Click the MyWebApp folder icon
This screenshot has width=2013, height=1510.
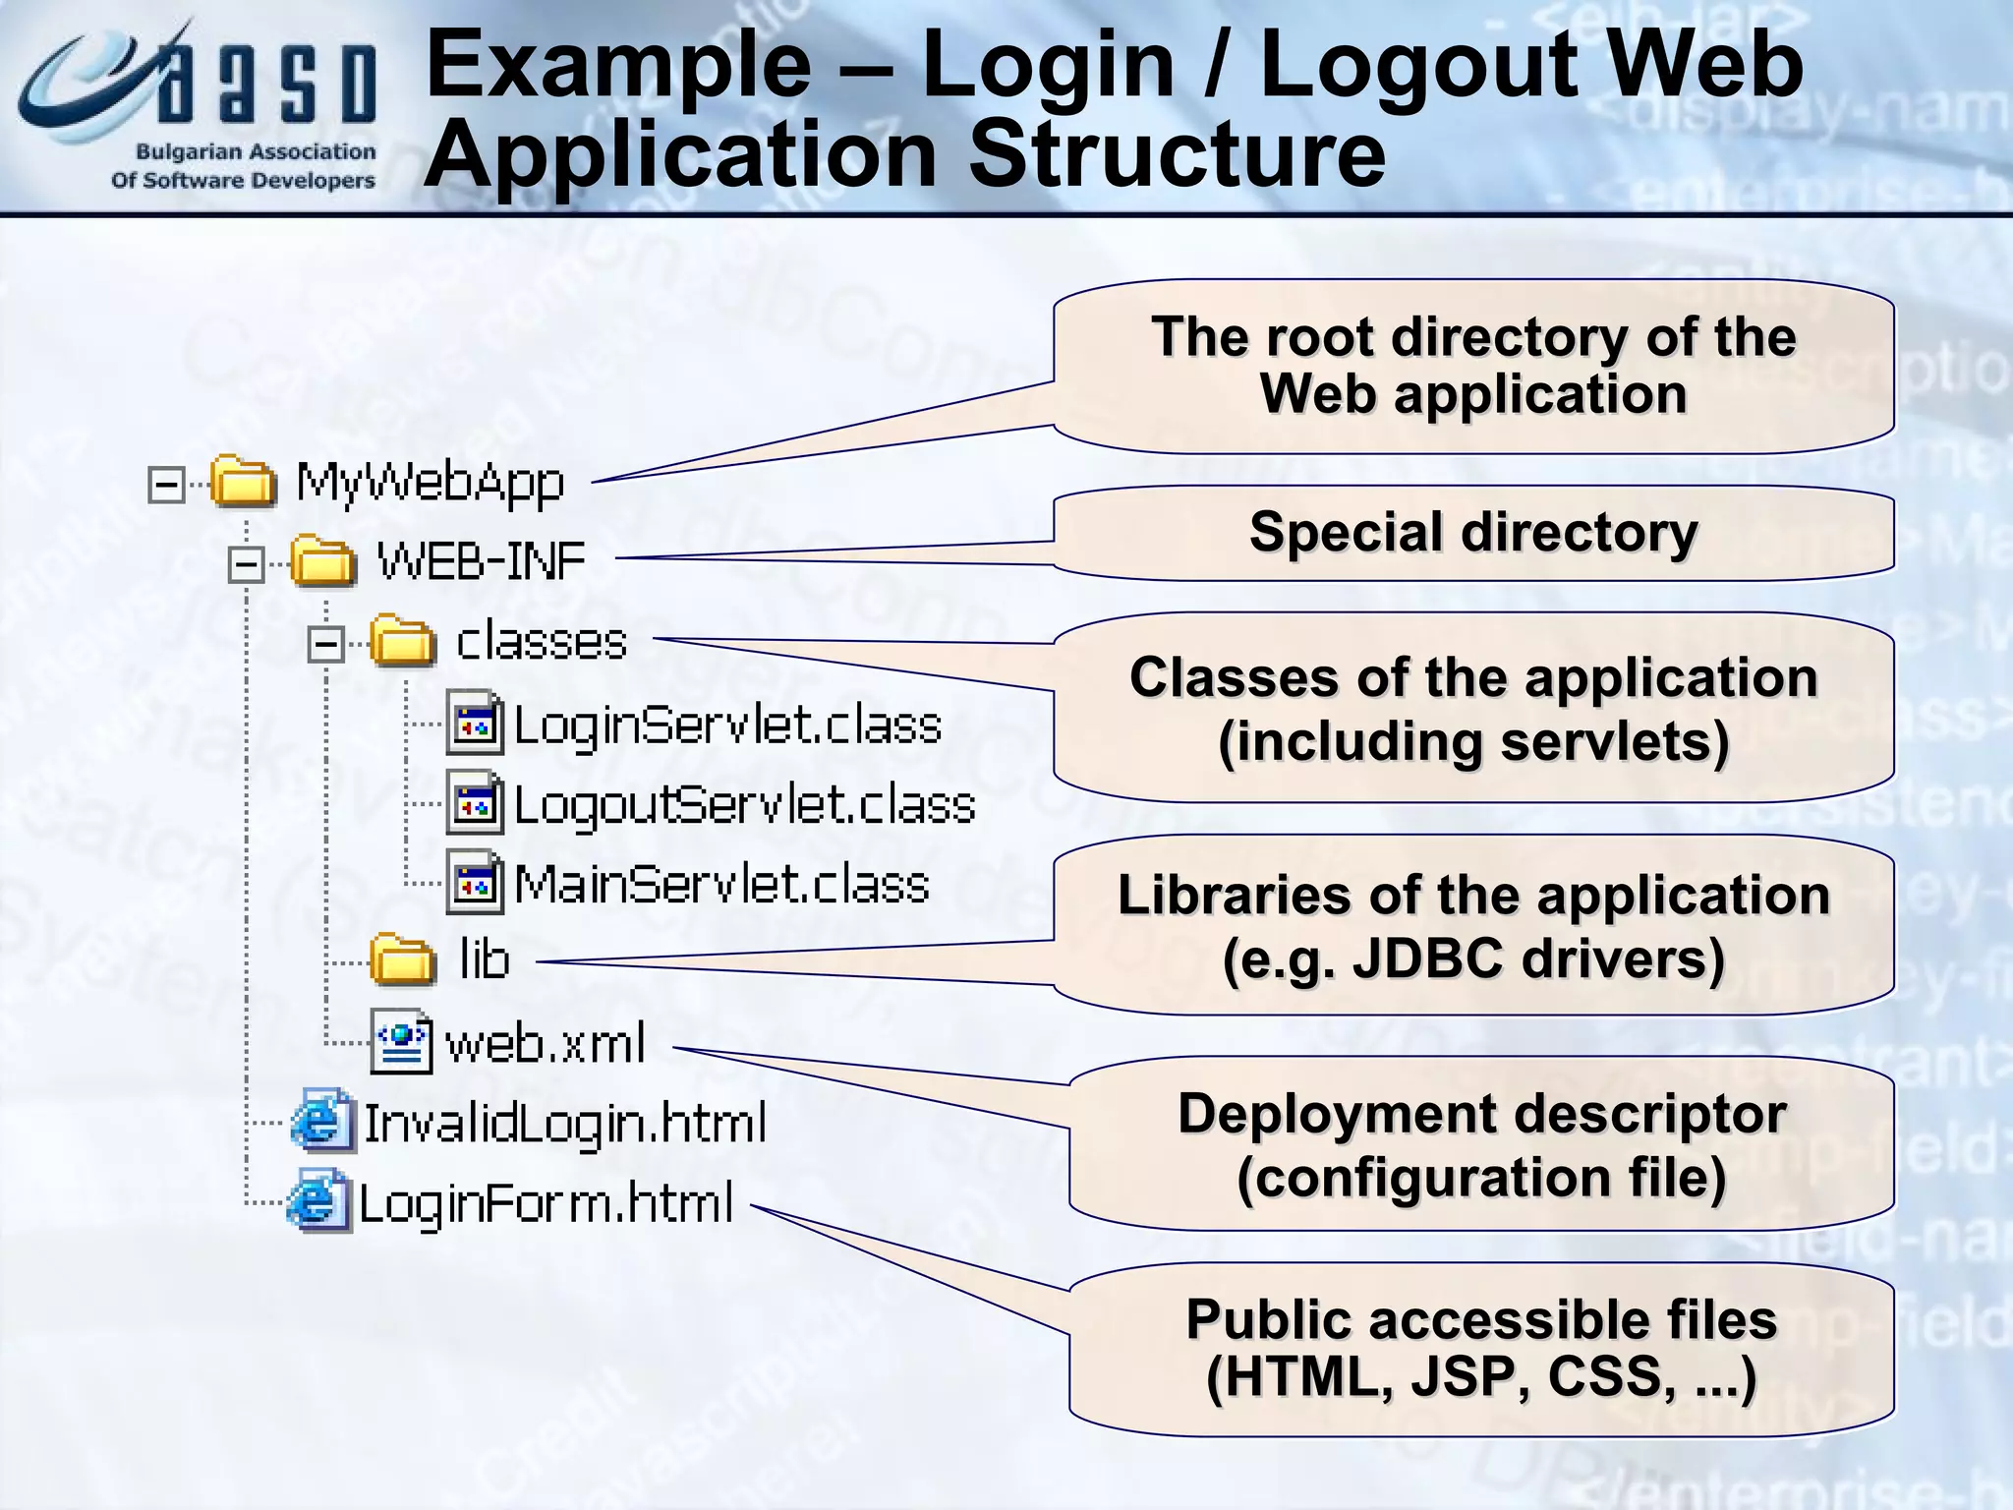243,481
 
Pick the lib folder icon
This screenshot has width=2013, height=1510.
403,959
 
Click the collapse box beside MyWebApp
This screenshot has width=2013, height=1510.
166,484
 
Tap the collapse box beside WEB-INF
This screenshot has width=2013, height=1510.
246,564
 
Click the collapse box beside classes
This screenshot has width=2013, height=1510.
325,645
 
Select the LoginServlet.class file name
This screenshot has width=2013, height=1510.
727,726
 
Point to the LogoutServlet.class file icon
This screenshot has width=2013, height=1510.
476,804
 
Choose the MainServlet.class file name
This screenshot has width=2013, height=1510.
721,885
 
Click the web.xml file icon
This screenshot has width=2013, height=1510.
401,1041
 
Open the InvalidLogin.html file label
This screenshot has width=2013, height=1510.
565,1124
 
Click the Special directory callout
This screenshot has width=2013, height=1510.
1473,533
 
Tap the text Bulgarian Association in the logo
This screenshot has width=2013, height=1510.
256,152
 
